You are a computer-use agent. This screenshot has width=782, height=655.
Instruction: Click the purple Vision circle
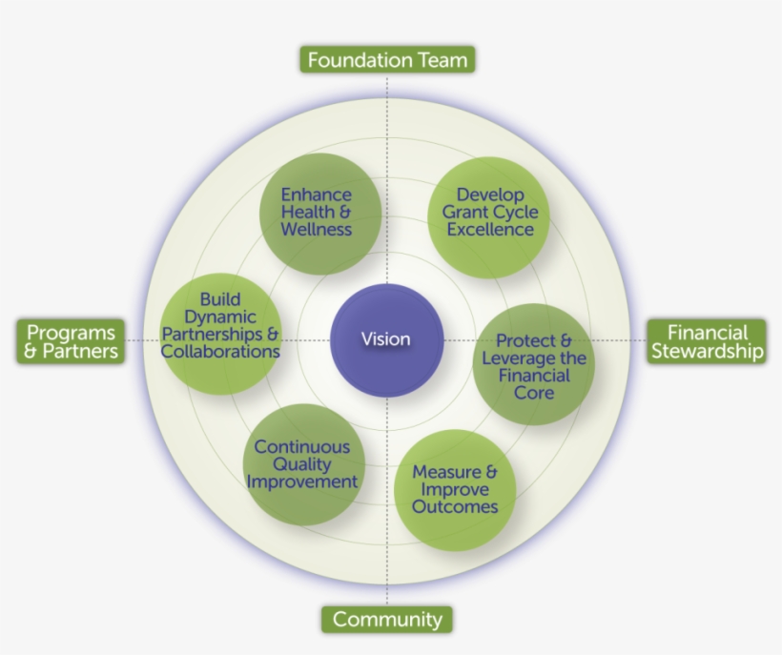coord(386,339)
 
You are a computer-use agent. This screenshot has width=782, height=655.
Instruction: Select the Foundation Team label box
coord(387,60)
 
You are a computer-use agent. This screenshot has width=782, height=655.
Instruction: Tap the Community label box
coord(387,620)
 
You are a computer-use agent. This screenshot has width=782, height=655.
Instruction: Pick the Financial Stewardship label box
coord(707,341)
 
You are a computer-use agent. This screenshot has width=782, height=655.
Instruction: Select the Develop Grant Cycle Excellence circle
coord(488,212)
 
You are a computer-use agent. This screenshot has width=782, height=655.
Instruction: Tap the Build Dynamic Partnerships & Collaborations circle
coord(221,326)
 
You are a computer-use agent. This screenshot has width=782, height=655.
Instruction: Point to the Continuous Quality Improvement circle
coord(302,464)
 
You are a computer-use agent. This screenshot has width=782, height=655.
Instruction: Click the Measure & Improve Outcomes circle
coord(455,490)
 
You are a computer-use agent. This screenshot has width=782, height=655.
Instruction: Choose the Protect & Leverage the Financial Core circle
coord(534,364)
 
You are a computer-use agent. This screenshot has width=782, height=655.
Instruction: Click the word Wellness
coord(316,230)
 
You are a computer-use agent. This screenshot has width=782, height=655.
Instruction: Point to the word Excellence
coord(490,230)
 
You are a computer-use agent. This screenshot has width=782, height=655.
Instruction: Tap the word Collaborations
coord(220,351)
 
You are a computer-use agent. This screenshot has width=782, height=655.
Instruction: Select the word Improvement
coord(302,481)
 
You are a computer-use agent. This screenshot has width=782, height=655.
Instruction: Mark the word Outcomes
coord(455,507)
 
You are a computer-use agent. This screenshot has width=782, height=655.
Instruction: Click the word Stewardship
coord(707,352)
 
